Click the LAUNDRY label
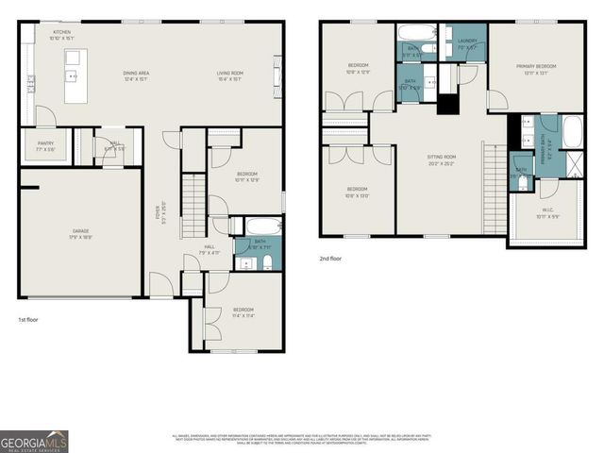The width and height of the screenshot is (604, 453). point(467,43)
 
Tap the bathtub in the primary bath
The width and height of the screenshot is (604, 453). point(574,131)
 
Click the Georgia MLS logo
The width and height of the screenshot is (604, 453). point(34,441)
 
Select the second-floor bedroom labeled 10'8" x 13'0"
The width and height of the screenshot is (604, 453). point(359,193)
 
